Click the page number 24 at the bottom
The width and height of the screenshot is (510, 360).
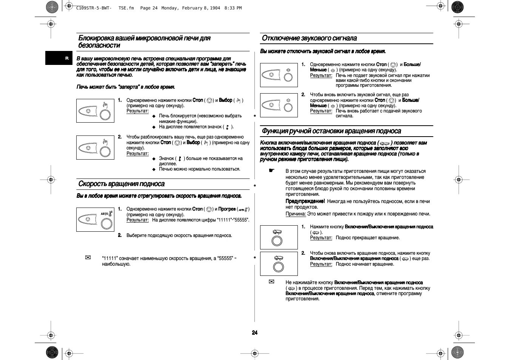point(255,332)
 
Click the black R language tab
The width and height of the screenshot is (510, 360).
point(67,58)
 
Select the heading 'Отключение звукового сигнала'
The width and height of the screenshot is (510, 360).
point(309,38)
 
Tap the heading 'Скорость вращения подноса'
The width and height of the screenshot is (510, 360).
point(122,184)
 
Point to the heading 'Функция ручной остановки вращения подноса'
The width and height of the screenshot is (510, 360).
point(331,131)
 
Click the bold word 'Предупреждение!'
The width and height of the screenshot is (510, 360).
point(305,202)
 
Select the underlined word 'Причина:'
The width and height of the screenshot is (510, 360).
point(296,214)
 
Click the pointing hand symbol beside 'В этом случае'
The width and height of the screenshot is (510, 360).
point(271,171)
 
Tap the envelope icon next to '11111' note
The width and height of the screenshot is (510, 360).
point(88,258)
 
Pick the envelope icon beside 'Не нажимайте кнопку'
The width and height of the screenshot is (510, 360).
point(271,282)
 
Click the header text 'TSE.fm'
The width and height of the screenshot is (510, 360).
point(126,8)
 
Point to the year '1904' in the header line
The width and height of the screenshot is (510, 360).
point(215,8)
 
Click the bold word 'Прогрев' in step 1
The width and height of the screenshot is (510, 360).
point(227,209)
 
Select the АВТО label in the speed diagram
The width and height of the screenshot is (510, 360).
point(105,214)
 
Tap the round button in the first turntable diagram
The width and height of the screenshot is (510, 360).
point(277,241)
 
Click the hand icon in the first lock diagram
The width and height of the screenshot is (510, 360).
point(105,105)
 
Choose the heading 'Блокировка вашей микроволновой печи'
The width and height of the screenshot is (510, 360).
point(144,38)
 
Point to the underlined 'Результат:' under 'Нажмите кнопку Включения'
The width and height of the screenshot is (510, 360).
point(321,238)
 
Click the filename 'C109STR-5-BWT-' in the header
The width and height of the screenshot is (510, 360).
point(94,8)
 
